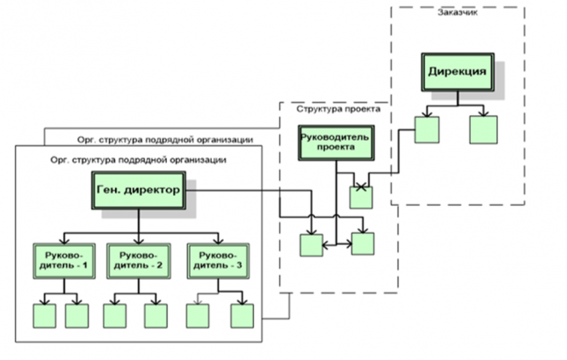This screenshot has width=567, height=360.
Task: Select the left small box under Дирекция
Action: coord(427,129)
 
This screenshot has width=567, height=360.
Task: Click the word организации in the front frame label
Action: coord(198,158)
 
